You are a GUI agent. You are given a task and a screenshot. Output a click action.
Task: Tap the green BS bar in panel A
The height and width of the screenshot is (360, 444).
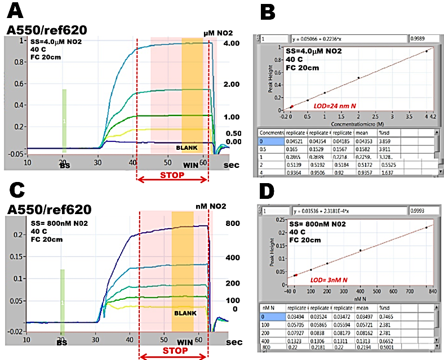(64, 121)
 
